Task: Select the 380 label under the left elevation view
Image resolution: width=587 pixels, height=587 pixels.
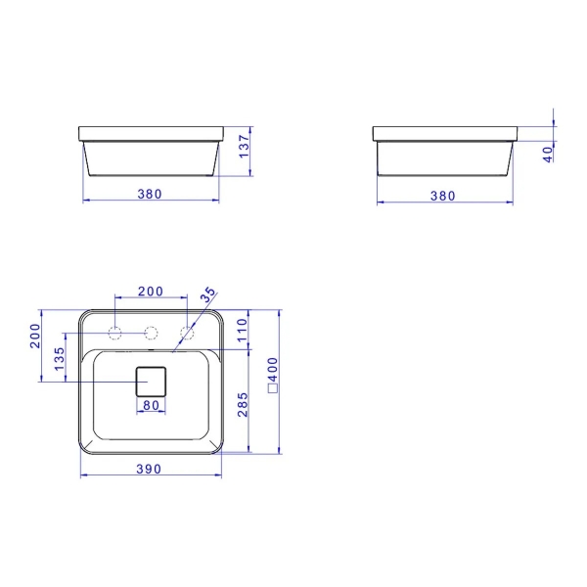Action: [x=149, y=194]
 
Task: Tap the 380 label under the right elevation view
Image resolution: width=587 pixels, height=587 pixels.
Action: [x=443, y=196]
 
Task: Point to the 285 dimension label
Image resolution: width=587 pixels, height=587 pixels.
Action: [x=243, y=403]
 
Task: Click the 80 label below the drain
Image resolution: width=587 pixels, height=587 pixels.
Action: [x=151, y=405]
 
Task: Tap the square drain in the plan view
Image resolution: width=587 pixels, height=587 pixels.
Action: [x=152, y=380]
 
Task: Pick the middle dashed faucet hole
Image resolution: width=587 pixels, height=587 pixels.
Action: [x=151, y=332]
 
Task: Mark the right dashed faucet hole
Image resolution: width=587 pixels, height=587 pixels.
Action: [x=186, y=332]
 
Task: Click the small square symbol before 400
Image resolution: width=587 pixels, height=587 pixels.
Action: [x=274, y=387]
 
